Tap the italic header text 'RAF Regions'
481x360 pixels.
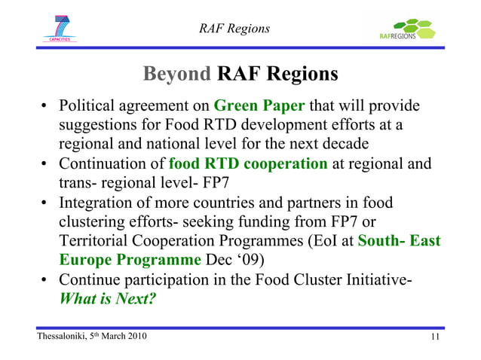[x=234, y=29]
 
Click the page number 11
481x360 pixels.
[x=434, y=337]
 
